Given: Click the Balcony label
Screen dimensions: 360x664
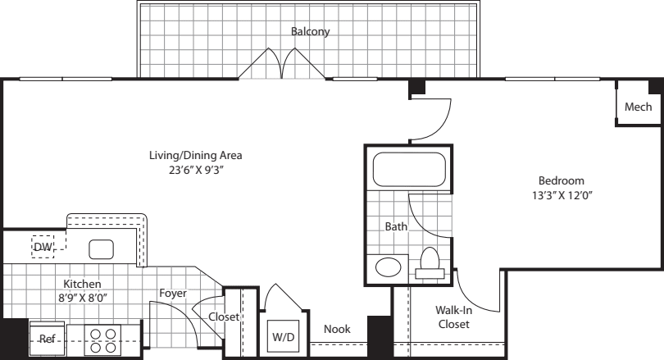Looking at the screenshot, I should pos(310,32).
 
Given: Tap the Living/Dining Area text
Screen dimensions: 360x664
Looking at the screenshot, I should pos(195,155).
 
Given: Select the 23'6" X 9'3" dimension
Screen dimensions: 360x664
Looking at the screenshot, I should pos(195,171).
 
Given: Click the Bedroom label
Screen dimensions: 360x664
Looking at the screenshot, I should pos(561,180).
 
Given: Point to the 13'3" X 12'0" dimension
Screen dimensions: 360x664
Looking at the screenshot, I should pos(561,196).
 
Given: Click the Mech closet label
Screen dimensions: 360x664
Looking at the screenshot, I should pos(638,107).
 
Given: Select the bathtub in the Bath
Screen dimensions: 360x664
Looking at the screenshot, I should pos(407,170).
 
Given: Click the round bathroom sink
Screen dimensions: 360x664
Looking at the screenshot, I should pos(388,267).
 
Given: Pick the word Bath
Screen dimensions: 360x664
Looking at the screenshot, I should pos(397,226).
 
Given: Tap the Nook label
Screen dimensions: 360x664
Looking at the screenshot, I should pos(337,329).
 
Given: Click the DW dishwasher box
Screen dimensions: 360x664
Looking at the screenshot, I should pos(43,247).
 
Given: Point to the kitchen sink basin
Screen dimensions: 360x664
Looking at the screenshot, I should pos(102,248).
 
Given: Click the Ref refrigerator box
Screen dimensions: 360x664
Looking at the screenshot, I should pos(47,337).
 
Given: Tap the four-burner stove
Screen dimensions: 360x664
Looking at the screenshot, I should pos(102,339).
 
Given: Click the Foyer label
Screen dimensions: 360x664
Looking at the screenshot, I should pos(173,293).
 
